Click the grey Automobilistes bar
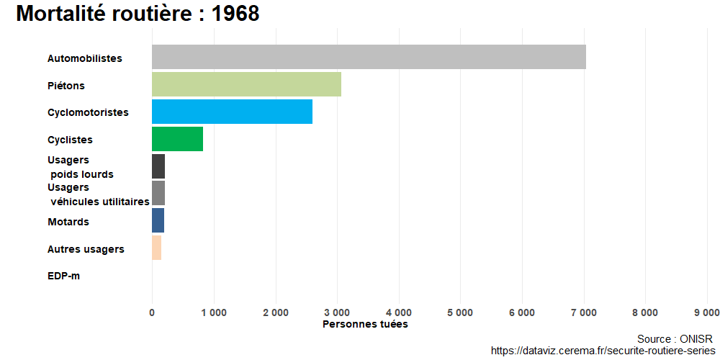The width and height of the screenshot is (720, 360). click(369, 57)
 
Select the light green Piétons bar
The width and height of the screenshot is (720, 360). click(246, 84)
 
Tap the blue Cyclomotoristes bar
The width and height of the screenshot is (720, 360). click(232, 112)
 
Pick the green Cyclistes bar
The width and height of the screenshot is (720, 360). click(177, 139)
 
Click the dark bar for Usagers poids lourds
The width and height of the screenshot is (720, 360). click(158, 166)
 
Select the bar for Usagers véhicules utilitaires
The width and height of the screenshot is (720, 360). click(158, 193)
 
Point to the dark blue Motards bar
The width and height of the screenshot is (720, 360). click(158, 220)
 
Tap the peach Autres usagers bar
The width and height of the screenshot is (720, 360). click(156, 248)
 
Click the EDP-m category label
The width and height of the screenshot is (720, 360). click(63, 276)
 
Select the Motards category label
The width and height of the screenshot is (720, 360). click(68, 222)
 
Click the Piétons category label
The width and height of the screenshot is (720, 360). click(66, 86)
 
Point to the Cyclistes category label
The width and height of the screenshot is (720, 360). click(70, 140)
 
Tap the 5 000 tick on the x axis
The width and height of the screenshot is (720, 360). click(460, 312)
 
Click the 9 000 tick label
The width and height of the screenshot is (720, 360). click(706, 312)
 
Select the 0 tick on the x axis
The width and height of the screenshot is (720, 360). click(152, 312)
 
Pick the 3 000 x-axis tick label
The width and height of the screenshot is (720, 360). click(337, 312)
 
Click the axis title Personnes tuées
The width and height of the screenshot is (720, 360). click(365, 325)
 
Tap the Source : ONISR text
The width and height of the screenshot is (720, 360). click(675, 338)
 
